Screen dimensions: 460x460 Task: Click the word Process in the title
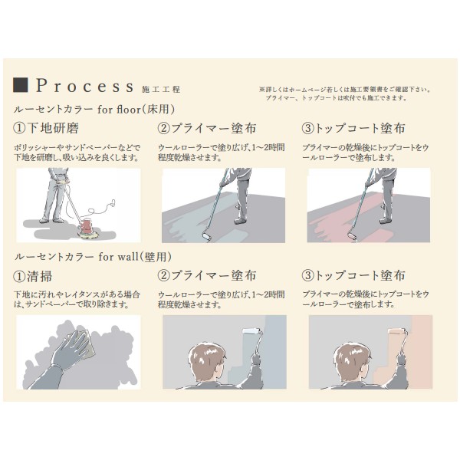point(84,84)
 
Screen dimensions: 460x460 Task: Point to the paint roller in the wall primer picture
point(251,338)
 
